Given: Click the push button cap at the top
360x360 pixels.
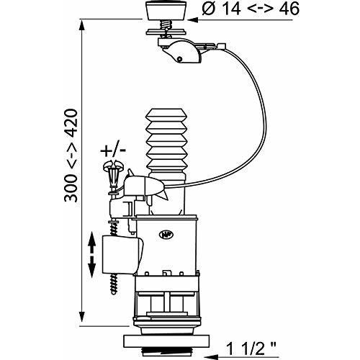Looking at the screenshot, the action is (166, 10).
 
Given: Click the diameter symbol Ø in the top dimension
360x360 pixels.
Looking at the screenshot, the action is (208, 9).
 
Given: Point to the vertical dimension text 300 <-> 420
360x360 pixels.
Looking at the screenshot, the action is (71, 156).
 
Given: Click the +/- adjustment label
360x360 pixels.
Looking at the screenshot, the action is (113, 150).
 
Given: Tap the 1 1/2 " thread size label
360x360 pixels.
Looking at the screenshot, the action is (251, 348).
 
